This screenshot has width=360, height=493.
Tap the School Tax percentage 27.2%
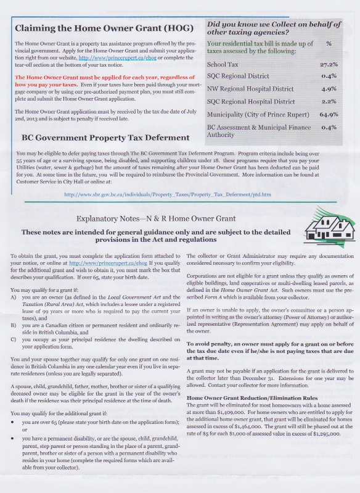[329, 64]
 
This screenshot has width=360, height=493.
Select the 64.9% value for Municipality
[329, 114]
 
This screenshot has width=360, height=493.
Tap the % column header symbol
[329, 44]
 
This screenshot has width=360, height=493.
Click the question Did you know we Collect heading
[274, 27]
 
